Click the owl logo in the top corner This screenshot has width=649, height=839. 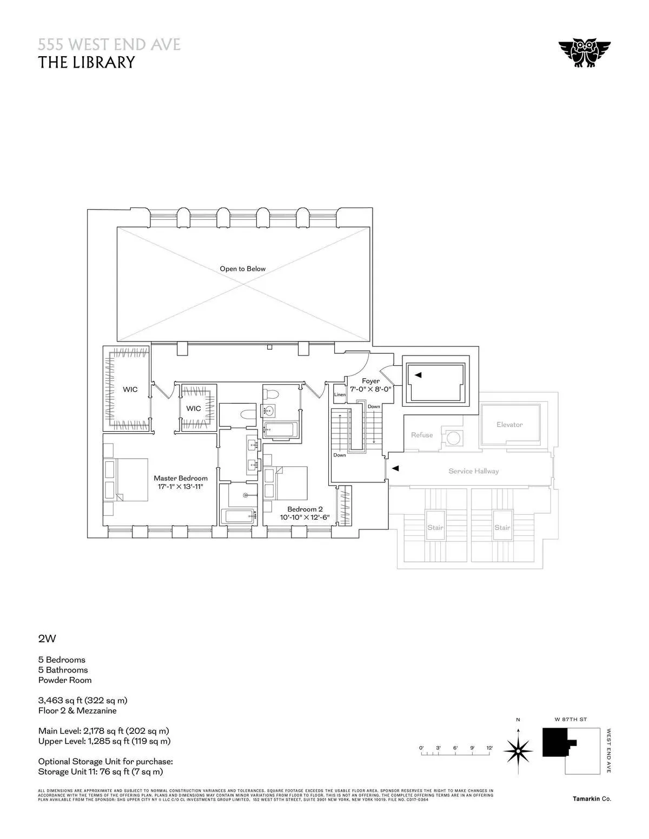(584, 53)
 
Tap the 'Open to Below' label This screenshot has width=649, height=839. (242, 269)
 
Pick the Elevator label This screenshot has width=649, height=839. (509, 425)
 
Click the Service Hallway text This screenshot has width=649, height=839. (473, 471)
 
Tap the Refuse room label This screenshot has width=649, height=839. (422, 435)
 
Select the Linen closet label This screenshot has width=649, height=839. (340, 394)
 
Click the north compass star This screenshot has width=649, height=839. (518, 750)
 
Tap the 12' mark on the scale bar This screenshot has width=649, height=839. (489, 748)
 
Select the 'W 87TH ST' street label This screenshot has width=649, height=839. (571, 720)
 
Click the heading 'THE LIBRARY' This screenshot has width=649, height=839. (86, 62)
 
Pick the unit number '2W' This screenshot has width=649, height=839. (47, 639)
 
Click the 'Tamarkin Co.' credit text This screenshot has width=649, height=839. (592, 799)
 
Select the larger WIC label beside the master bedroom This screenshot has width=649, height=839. (130, 390)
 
